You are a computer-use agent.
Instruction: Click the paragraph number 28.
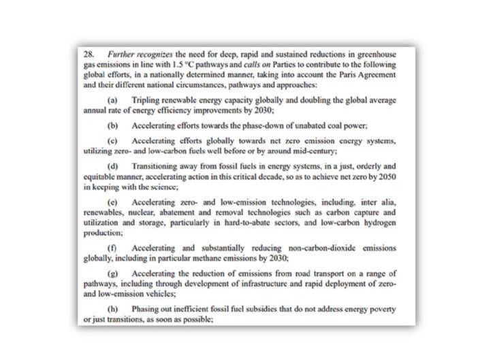point(88,52)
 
